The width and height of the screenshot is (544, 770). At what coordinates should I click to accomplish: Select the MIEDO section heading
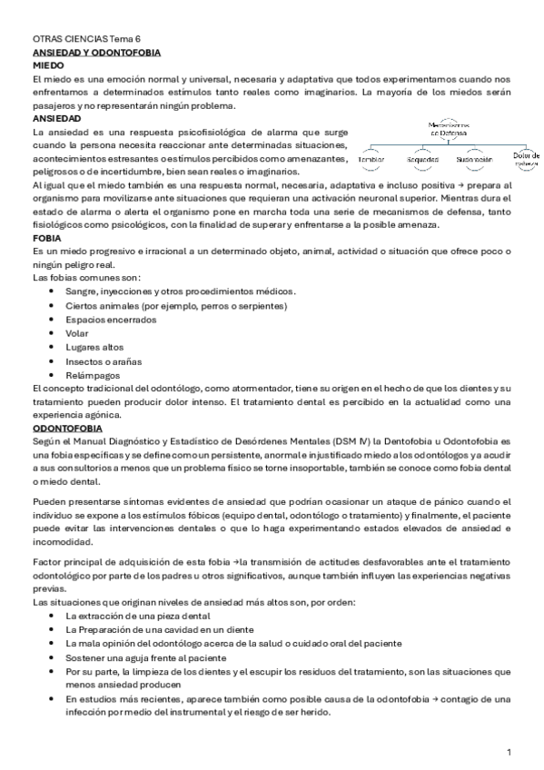click(x=47, y=66)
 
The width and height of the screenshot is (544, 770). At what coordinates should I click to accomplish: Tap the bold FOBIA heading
click(x=46, y=237)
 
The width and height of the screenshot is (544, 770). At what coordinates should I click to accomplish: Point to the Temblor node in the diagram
click(x=371, y=159)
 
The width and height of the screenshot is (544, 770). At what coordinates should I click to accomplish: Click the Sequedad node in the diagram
click(x=422, y=159)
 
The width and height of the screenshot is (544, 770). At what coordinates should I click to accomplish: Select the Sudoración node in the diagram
click(x=474, y=159)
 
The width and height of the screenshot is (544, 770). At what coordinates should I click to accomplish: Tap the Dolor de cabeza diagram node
click(x=526, y=159)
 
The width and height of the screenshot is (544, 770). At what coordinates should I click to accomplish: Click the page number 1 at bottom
click(x=509, y=753)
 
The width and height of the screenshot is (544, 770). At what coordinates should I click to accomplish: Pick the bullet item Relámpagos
click(x=90, y=375)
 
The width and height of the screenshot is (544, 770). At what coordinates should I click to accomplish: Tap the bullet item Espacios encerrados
click(x=104, y=319)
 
